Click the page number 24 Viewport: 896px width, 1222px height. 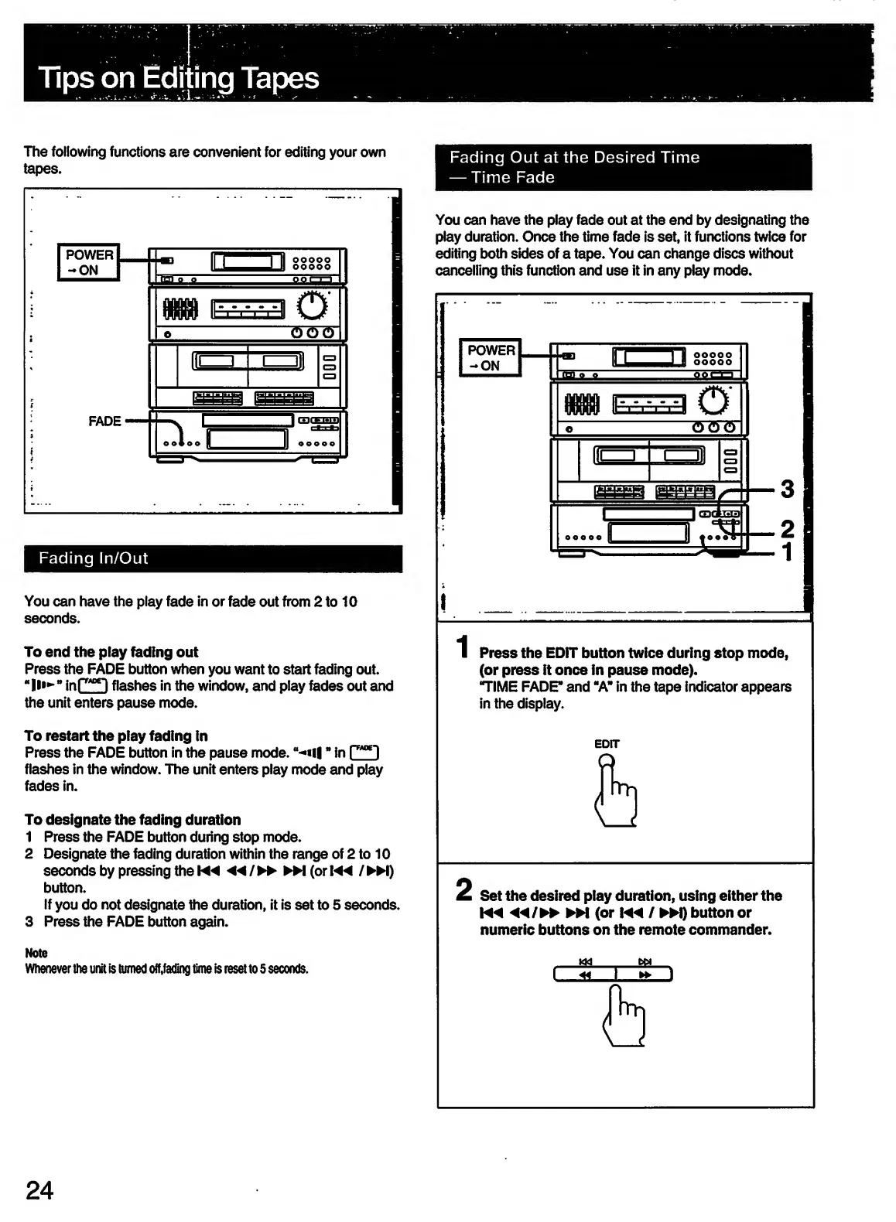click(39, 1190)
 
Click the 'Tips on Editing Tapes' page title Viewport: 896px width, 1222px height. click(179, 78)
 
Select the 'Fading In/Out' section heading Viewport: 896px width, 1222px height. click(94, 558)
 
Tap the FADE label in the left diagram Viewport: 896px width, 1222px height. click(104, 422)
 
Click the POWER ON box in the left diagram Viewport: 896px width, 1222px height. click(89, 262)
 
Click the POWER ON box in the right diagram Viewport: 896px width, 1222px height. click(491, 357)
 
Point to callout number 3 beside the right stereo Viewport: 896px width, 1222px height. click(787, 489)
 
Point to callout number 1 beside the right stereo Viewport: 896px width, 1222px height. click(787, 552)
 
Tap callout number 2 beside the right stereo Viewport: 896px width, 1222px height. click(787, 529)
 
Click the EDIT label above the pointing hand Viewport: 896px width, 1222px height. click(607, 744)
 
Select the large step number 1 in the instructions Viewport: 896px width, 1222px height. click(462, 647)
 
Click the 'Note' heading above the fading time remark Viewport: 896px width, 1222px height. click(36, 953)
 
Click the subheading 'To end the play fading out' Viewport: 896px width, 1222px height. click(111, 652)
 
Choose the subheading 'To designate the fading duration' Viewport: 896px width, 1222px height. click(132, 820)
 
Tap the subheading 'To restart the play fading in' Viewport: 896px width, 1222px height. click(116, 736)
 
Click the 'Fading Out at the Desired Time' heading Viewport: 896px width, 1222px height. click(574, 158)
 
